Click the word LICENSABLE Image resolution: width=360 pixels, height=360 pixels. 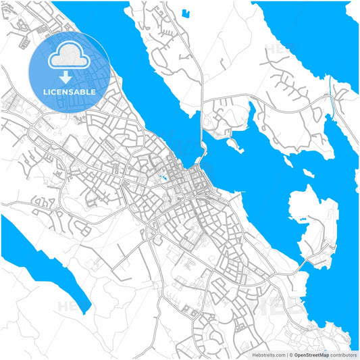click(70, 91)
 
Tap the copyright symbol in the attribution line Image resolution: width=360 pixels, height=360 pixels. click(290, 354)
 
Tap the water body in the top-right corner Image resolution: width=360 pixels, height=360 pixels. click(311, 34)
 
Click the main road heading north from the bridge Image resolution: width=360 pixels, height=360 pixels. click(201, 101)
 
